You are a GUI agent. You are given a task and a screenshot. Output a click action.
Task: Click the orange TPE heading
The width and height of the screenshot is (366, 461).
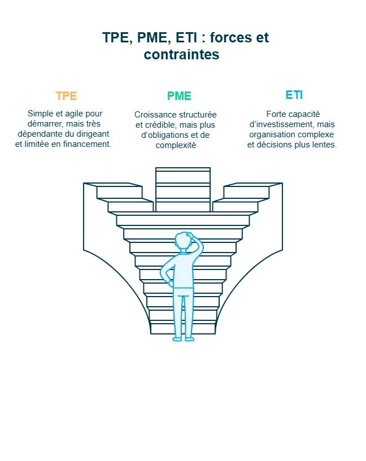point(66,96)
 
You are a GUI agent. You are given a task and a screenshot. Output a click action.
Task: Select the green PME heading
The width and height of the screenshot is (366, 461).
point(179,96)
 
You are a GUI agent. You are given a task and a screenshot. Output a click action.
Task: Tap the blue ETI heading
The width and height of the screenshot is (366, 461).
point(294,95)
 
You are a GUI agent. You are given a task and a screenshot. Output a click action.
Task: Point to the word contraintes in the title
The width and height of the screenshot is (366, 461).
point(181,55)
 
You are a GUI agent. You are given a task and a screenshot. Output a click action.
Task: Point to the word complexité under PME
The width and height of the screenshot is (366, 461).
point(176,145)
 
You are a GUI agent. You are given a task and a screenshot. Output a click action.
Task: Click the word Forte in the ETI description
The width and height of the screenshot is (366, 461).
point(277,114)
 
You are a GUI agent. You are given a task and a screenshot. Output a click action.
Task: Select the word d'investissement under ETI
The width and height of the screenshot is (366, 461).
point(281,124)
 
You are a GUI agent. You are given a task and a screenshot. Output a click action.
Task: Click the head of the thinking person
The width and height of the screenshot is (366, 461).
point(184,241)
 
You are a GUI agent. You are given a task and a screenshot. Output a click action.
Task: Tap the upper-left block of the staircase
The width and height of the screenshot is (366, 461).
point(119,192)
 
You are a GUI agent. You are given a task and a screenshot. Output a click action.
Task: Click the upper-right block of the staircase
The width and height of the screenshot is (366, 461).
point(246,192)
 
